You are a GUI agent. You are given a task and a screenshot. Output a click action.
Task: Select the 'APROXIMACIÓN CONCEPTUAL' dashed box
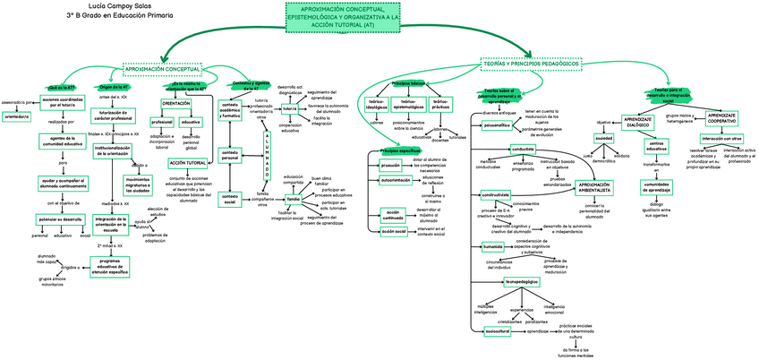pyautogui.click(x=162, y=68)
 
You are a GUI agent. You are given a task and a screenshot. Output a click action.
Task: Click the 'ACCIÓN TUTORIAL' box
pyautogui.click(x=188, y=163)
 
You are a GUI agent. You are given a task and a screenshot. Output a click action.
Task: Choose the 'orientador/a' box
pyautogui.click(x=17, y=116)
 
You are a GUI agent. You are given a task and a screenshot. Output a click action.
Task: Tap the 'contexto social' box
pyautogui.click(x=230, y=198)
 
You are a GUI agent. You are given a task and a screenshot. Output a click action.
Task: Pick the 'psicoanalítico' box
pyautogui.click(x=497, y=126)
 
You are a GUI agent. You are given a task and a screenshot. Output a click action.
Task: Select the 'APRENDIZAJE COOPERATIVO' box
pyautogui.click(x=721, y=117)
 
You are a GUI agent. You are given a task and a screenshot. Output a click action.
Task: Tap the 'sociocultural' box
pyautogui.click(x=497, y=331)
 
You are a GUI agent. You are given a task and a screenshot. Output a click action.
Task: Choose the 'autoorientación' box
pyautogui.click(x=396, y=181)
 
